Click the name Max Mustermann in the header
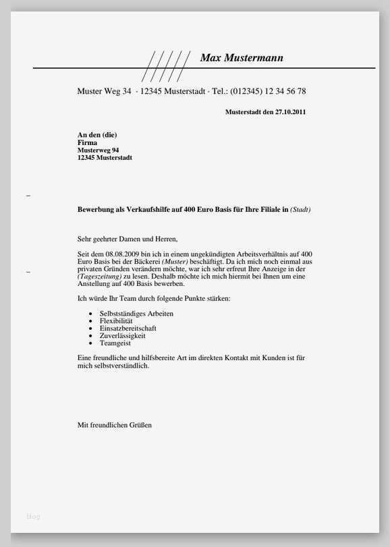pyautogui.click(x=242, y=58)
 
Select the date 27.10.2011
pyautogui.click(x=290, y=112)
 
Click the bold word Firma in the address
pyautogui.click(x=88, y=143)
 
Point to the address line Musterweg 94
pyautogui.click(x=99, y=150)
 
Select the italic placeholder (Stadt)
pyautogui.click(x=300, y=210)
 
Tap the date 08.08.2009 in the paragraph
pyautogui.click(x=126, y=253)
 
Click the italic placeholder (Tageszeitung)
pyautogui.click(x=99, y=277)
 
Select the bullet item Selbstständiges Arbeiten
pyautogui.click(x=136, y=314)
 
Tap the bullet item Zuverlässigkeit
pyautogui.click(x=122, y=335)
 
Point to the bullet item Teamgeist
pyautogui.click(x=115, y=343)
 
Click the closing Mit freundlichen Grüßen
pyautogui.click(x=115, y=425)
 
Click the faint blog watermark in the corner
pyautogui.click(x=34, y=517)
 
